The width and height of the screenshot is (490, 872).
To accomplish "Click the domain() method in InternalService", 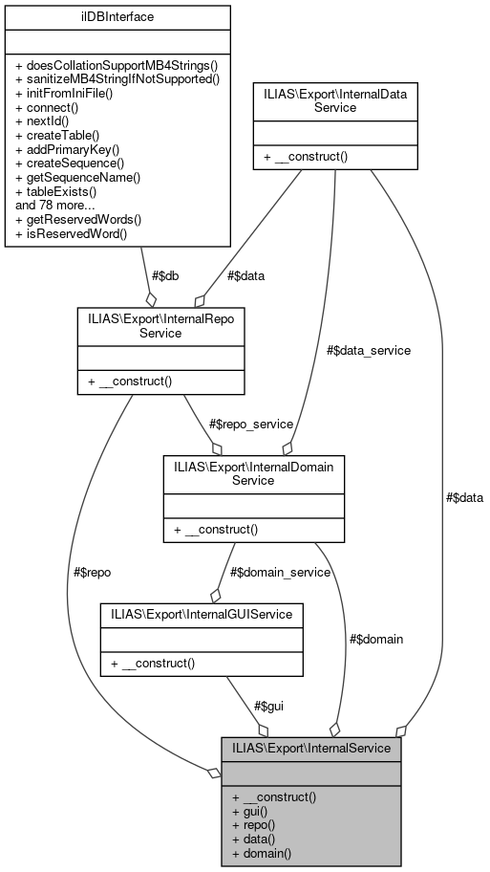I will point(262,853).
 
